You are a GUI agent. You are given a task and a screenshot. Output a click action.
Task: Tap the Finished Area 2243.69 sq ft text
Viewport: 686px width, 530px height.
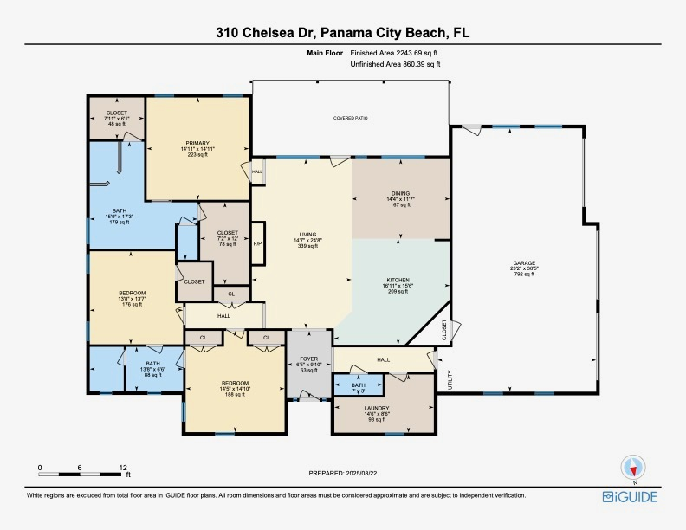400,54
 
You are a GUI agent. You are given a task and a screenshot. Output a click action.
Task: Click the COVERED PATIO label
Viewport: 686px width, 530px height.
351,117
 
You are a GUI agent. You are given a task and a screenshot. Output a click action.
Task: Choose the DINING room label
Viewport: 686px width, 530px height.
400,194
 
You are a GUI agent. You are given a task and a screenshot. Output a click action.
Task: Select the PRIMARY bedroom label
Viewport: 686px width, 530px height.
197,144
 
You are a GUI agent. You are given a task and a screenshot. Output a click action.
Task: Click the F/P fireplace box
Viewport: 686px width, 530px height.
257,243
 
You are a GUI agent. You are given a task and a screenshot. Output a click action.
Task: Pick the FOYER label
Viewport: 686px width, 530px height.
309,359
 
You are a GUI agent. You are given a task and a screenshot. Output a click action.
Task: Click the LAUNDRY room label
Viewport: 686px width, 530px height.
376,408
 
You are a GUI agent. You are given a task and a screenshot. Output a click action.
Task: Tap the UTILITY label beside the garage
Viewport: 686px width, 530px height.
450,379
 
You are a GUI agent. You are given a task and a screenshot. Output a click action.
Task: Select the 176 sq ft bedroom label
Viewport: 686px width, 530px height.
133,303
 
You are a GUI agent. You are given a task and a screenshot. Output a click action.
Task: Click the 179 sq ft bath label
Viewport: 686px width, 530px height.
118,222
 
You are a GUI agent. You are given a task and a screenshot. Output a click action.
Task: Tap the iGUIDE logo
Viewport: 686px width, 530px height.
630,496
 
